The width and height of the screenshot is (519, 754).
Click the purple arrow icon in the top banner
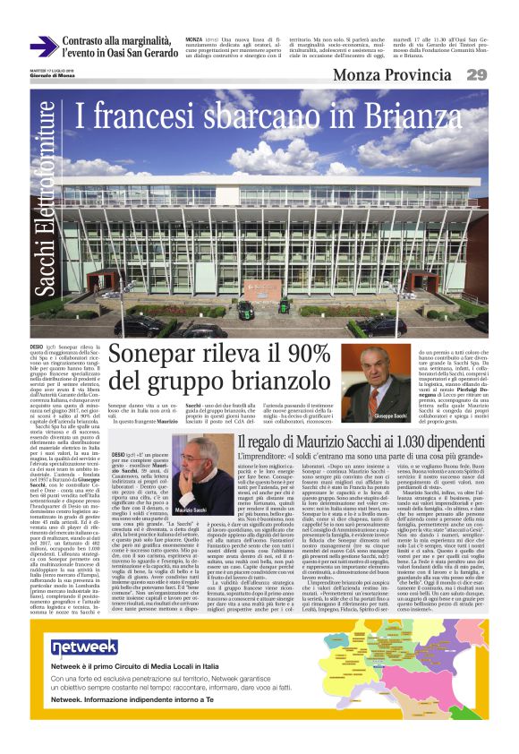43,47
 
